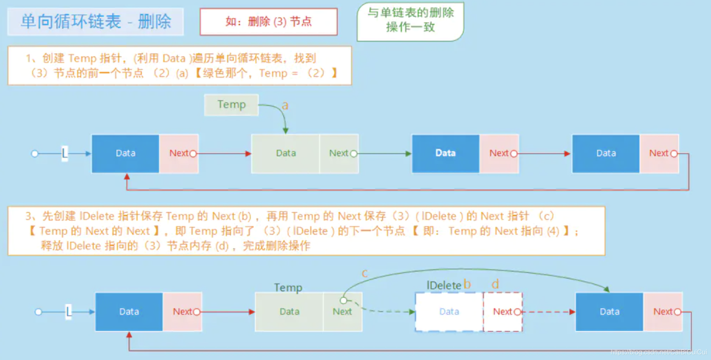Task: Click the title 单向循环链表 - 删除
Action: tap(95, 21)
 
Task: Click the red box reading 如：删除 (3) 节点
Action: tap(269, 21)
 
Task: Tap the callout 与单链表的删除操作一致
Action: tap(410, 20)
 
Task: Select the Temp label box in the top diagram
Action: tap(232, 105)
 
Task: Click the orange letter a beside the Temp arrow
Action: tap(285, 105)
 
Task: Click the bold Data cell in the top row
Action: tap(445, 153)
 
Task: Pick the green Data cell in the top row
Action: tap(286, 153)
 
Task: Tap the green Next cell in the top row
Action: tap(339, 153)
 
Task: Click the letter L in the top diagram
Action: tap(65, 153)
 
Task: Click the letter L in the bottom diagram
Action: tap(69, 311)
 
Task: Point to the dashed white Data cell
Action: tap(449, 311)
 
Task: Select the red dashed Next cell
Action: tap(503, 311)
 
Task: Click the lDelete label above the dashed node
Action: tap(444, 285)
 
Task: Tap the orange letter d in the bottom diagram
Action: tap(495, 284)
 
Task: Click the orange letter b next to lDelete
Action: tap(467, 284)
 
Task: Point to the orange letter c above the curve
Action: tap(364, 273)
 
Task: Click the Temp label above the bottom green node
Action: tap(288, 287)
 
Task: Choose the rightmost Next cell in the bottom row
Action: tap(663, 311)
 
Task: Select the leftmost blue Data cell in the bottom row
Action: tap(129, 311)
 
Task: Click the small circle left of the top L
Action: tap(35, 153)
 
